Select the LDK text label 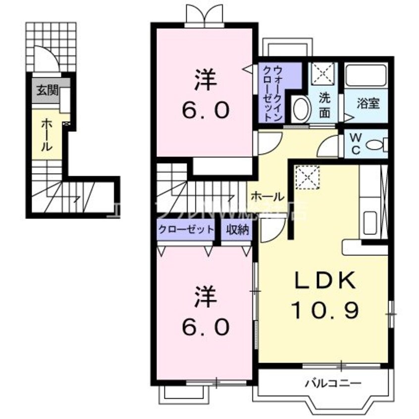click(x=325, y=282)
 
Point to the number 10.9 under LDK click(x=325, y=310)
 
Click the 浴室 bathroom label click(x=368, y=104)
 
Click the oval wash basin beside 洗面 click(x=300, y=109)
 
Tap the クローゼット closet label click(x=186, y=230)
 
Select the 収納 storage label click(x=237, y=230)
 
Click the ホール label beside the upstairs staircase click(x=267, y=196)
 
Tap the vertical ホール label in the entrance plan click(x=44, y=134)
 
